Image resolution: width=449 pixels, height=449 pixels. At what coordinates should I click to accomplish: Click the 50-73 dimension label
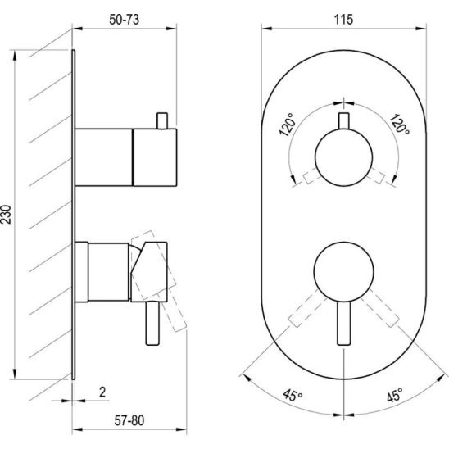click(x=124, y=20)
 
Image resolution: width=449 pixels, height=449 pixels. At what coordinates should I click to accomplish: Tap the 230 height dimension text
click(x=6, y=214)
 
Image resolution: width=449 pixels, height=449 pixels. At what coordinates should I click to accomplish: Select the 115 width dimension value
click(x=343, y=20)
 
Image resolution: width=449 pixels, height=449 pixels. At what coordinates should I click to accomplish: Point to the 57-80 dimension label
click(x=129, y=420)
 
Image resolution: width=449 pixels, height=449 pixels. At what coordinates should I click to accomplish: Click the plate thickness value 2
click(x=102, y=392)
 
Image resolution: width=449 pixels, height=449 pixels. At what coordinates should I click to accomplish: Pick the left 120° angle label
click(x=288, y=125)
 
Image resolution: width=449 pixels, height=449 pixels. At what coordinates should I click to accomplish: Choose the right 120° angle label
click(x=399, y=124)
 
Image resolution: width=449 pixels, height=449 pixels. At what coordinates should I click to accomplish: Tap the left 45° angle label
click(x=293, y=395)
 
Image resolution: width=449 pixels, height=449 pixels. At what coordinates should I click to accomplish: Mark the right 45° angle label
click(x=395, y=395)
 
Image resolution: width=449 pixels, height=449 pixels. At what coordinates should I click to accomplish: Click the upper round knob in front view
click(x=343, y=157)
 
